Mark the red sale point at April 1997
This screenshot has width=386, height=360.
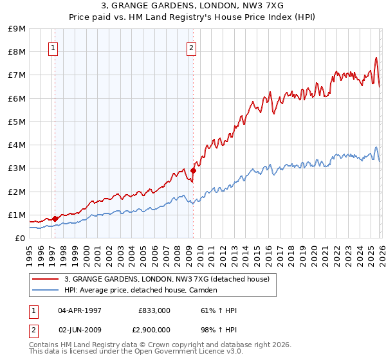pos(55,219)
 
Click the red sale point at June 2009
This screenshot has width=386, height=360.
pos(193,170)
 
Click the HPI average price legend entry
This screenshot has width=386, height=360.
pos(140,290)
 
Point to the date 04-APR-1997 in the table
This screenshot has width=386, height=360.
pos(80,310)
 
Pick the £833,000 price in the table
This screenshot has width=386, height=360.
pos(154,310)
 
